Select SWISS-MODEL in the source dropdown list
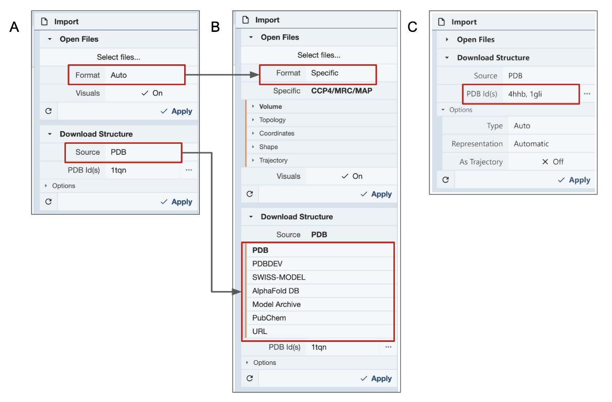(x=279, y=277)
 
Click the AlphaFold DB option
(x=276, y=291)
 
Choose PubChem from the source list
(x=269, y=318)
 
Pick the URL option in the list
(x=259, y=331)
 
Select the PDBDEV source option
(x=267, y=263)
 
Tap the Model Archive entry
(x=276, y=304)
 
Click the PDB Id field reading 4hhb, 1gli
(x=525, y=94)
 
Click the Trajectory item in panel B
(x=273, y=160)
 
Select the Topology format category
(x=273, y=120)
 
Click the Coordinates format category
(x=277, y=133)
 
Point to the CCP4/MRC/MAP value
(x=342, y=91)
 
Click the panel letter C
(x=412, y=27)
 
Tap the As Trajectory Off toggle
(x=553, y=162)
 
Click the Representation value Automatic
(x=531, y=144)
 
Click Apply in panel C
(x=574, y=180)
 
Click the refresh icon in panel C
(x=446, y=180)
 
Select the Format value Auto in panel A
(x=119, y=75)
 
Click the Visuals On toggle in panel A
(x=152, y=93)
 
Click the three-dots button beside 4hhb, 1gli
(x=587, y=94)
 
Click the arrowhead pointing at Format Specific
(x=255, y=74)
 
